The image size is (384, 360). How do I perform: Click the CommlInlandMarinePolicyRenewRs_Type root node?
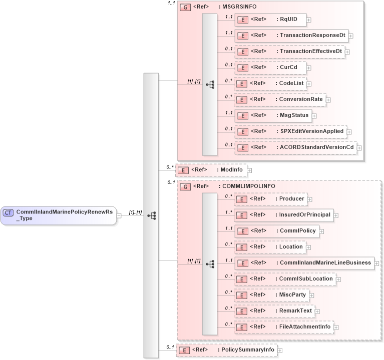pos(59,215)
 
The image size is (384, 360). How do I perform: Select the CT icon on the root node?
pos(9,212)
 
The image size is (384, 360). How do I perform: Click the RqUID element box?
pos(270,19)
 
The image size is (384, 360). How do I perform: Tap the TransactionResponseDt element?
pos(291,35)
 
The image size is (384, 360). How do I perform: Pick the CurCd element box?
pos(270,67)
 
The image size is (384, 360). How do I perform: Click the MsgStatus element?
pos(273,115)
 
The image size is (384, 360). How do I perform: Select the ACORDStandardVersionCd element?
pos(295,147)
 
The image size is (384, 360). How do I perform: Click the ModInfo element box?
pos(211,170)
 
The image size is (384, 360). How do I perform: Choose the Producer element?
pos(270,199)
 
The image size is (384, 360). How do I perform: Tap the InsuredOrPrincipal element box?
pos(284,215)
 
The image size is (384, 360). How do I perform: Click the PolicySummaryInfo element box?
pos(226,350)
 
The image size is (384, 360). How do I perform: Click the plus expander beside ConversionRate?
pos(328,100)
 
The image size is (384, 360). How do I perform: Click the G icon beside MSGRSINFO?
pos(185,7)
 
